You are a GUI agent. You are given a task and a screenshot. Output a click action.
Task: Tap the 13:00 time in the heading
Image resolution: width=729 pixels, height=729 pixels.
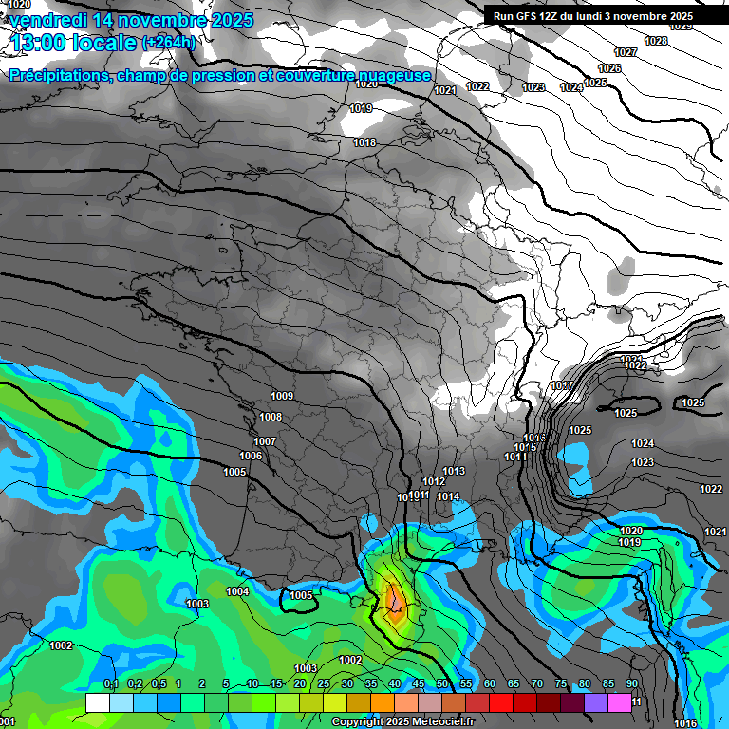coord(42,43)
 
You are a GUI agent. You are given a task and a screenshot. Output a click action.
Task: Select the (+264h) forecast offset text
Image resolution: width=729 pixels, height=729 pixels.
coord(168,43)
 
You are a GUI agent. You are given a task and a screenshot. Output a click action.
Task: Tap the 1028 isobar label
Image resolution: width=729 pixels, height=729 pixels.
coord(655,41)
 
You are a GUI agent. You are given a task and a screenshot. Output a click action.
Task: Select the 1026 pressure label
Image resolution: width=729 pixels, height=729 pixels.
coord(609,68)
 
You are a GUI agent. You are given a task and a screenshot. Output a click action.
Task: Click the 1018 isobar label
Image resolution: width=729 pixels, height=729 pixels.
coord(364,142)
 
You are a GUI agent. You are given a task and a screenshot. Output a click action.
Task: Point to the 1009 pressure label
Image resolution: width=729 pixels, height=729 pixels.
coord(282,396)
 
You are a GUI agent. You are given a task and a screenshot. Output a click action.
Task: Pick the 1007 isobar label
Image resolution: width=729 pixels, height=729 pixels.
coord(265,441)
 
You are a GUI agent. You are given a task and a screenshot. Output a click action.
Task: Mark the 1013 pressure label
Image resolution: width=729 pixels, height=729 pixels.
coord(454,471)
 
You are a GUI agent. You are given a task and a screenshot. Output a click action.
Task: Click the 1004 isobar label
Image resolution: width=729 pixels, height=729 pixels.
coord(237,591)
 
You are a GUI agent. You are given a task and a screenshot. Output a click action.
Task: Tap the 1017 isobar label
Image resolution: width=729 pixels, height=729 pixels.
coord(561,385)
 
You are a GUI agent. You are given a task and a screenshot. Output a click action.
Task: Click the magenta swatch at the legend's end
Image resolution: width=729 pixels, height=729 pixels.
coord(620,702)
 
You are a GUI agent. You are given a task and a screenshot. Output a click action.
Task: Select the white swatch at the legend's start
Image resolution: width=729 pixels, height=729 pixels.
coord(98,702)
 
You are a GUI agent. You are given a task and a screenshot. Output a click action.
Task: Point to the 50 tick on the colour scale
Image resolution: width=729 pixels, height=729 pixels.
coord(442,683)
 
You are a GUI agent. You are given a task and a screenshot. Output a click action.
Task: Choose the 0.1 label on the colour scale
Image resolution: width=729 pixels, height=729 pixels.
coord(110,683)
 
